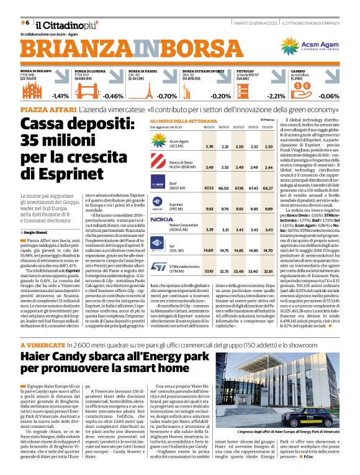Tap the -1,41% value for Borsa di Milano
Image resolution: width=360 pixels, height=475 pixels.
pyautogui.click(x=60, y=96)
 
